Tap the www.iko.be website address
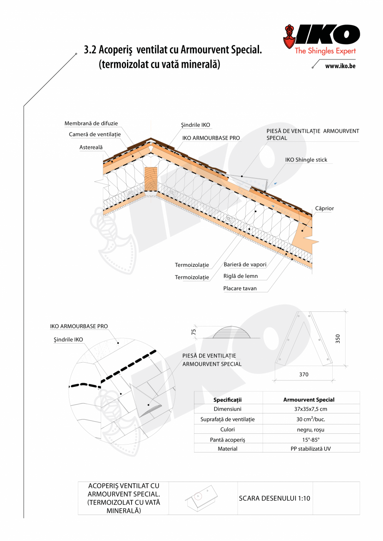pyautogui.click(x=340, y=66)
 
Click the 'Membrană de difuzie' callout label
pyautogui.click(x=91, y=124)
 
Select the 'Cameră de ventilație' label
pyautogui.click(x=95, y=134)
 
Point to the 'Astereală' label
pyautogui.click(x=91, y=147)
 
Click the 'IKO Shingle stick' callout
pyautogui.click(x=306, y=160)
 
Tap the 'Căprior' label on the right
pyautogui.click(x=324, y=208)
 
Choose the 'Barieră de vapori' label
pyautogui.click(x=245, y=264)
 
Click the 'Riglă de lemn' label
pyautogui.click(x=241, y=276)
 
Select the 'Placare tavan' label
pyautogui.click(x=240, y=288)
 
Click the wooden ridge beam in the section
pyautogui.click(x=151, y=179)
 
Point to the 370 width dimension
pyautogui.click(x=304, y=374)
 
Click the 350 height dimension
pyautogui.click(x=338, y=339)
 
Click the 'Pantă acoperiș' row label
pyautogui.click(x=228, y=439)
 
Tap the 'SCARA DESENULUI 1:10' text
pyautogui.click(x=275, y=498)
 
